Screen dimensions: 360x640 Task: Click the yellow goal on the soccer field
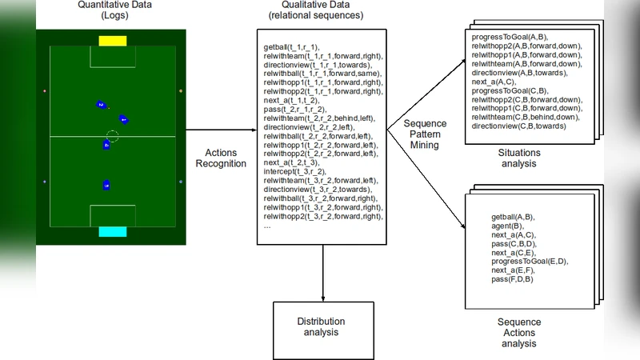pyautogui.click(x=112, y=41)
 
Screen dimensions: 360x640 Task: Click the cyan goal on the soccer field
pyautogui.click(x=112, y=231)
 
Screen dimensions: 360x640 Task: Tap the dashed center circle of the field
pyautogui.click(x=112, y=136)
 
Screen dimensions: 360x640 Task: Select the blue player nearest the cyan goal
pyautogui.click(x=106, y=186)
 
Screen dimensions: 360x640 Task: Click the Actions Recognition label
pyautogui.click(x=221, y=158)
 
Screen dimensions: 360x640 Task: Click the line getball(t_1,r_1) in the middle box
pyautogui.click(x=291, y=47)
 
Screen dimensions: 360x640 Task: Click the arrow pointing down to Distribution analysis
pyautogui.click(x=323, y=272)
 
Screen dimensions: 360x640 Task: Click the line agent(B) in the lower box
pyautogui.click(x=508, y=226)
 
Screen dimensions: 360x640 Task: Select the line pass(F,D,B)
pyautogui.click(x=513, y=279)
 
